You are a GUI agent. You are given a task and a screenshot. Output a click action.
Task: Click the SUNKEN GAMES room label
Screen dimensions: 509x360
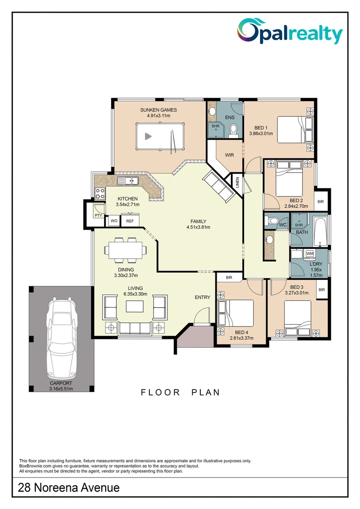pyautogui.click(x=155, y=110)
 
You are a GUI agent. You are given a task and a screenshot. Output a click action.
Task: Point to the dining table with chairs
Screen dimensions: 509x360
pyautogui.click(x=125, y=249)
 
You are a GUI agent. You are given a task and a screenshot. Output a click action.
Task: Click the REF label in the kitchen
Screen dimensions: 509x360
pyautogui.click(x=130, y=221)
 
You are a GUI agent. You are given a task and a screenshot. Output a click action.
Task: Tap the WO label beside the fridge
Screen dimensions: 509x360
pyautogui.click(x=114, y=221)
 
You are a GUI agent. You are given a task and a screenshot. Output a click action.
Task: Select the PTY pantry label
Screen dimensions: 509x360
pyautogui.click(x=98, y=215)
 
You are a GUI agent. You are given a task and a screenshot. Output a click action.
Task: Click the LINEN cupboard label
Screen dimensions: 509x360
pyautogui.click(x=237, y=182)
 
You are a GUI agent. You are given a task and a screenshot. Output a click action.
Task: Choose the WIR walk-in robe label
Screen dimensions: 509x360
pyautogui.click(x=229, y=155)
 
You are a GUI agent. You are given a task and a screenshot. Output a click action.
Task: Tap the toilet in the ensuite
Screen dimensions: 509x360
pyautogui.click(x=233, y=131)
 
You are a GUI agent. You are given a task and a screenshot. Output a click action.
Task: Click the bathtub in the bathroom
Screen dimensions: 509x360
pyautogui.click(x=320, y=232)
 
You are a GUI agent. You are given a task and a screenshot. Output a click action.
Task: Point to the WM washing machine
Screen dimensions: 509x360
pyautogui.click(x=310, y=254)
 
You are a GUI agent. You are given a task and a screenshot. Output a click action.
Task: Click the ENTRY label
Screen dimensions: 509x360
pyautogui.click(x=203, y=297)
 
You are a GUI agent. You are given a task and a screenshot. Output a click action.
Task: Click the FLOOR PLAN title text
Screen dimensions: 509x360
pyautogui.click(x=180, y=392)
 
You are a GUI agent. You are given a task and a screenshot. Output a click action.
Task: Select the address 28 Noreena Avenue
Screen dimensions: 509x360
pyautogui.click(x=69, y=488)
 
